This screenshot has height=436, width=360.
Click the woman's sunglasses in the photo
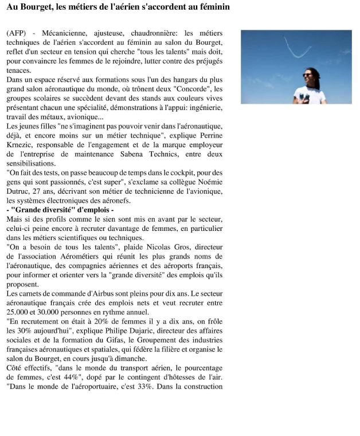(308, 75)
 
